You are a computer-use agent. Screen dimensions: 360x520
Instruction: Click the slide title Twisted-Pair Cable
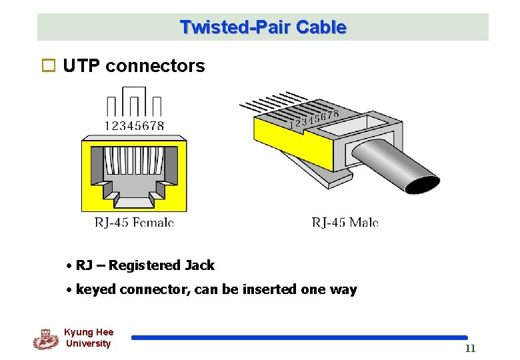click(x=263, y=27)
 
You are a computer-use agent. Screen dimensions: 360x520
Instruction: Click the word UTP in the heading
click(x=81, y=66)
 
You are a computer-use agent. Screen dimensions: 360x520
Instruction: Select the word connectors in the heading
click(x=155, y=66)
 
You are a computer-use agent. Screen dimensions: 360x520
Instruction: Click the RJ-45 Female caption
click(x=134, y=222)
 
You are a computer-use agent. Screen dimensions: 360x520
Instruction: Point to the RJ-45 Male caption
click(x=345, y=222)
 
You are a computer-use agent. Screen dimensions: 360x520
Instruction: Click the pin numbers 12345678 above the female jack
click(x=134, y=125)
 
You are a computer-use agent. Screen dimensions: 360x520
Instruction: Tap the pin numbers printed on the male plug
click(x=313, y=119)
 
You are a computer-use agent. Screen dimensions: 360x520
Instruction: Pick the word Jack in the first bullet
click(x=199, y=265)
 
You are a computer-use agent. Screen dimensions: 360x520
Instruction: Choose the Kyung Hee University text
click(x=88, y=337)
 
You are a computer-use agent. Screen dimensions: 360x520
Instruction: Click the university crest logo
click(x=45, y=339)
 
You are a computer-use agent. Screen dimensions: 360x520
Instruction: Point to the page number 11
click(x=470, y=348)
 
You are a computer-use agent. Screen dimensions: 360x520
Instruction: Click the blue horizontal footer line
click(x=299, y=338)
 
